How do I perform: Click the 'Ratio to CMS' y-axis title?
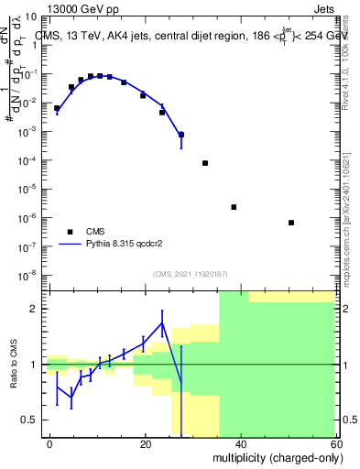14,365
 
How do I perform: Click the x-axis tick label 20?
146,443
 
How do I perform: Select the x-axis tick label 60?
335,443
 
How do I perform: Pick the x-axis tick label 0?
49,443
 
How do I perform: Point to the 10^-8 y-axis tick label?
27,275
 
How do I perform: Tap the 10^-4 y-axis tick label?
27,160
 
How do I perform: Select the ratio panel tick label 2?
35,309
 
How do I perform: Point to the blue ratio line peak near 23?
162,322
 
